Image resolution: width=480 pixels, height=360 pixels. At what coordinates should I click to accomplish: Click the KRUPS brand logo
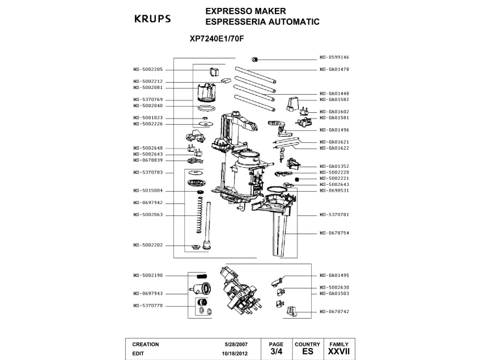pyautogui.click(x=151, y=18)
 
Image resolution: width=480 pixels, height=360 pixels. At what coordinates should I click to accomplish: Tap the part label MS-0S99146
pyautogui.click(x=334, y=57)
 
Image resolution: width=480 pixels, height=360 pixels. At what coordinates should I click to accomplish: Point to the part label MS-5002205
pyautogui.click(x=148, y=69)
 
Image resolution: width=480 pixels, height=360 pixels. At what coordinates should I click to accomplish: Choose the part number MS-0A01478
pyautogui.click(x=334, y=69)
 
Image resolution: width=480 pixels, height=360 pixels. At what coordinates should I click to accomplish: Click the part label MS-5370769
pyautogui.click(x=148, y=99)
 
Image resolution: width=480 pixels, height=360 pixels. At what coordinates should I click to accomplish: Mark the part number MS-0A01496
pyautogui.click(x=334, y=129)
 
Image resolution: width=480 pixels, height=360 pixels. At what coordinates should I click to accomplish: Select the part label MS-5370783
pyautogui.click(x=148, y=172)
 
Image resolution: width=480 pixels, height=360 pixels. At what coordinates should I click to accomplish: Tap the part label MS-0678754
pyautogui.click(x=334, y=232)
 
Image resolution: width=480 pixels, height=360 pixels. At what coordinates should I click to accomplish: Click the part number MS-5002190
pyautogui.click(x=148, y=275)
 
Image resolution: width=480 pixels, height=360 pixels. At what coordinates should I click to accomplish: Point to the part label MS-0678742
pyautogui.click(x=334, y=311)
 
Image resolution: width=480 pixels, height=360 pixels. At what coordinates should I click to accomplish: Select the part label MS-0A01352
pyautogui.click(x=334, y=166)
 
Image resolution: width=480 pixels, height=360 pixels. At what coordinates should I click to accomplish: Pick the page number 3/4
pyautogui.click(x=276, y=351)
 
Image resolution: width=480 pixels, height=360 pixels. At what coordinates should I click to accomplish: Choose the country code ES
pyautogui.click(x=307, y=351)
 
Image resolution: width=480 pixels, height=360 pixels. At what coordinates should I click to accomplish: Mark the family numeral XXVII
pyautogui.click(x=339, y=351)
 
